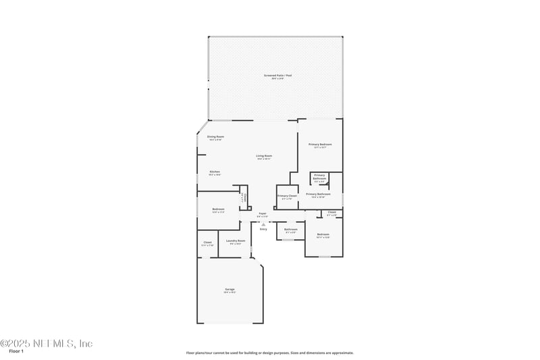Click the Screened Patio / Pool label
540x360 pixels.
277,76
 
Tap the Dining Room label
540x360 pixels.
215,136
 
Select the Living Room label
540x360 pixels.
263,156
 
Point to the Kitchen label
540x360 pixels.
215,172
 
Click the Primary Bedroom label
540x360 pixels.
320,145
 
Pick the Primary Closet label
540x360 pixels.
287,196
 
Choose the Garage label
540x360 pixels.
230,290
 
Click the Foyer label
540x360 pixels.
263,213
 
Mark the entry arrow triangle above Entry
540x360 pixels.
263,224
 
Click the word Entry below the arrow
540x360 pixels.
263,229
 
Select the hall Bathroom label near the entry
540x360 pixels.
291,230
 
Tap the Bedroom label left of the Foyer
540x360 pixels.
218,209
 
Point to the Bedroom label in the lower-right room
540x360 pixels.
323,234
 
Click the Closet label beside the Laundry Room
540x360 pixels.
208,242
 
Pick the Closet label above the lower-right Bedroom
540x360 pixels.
331,213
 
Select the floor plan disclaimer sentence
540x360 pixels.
270,353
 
